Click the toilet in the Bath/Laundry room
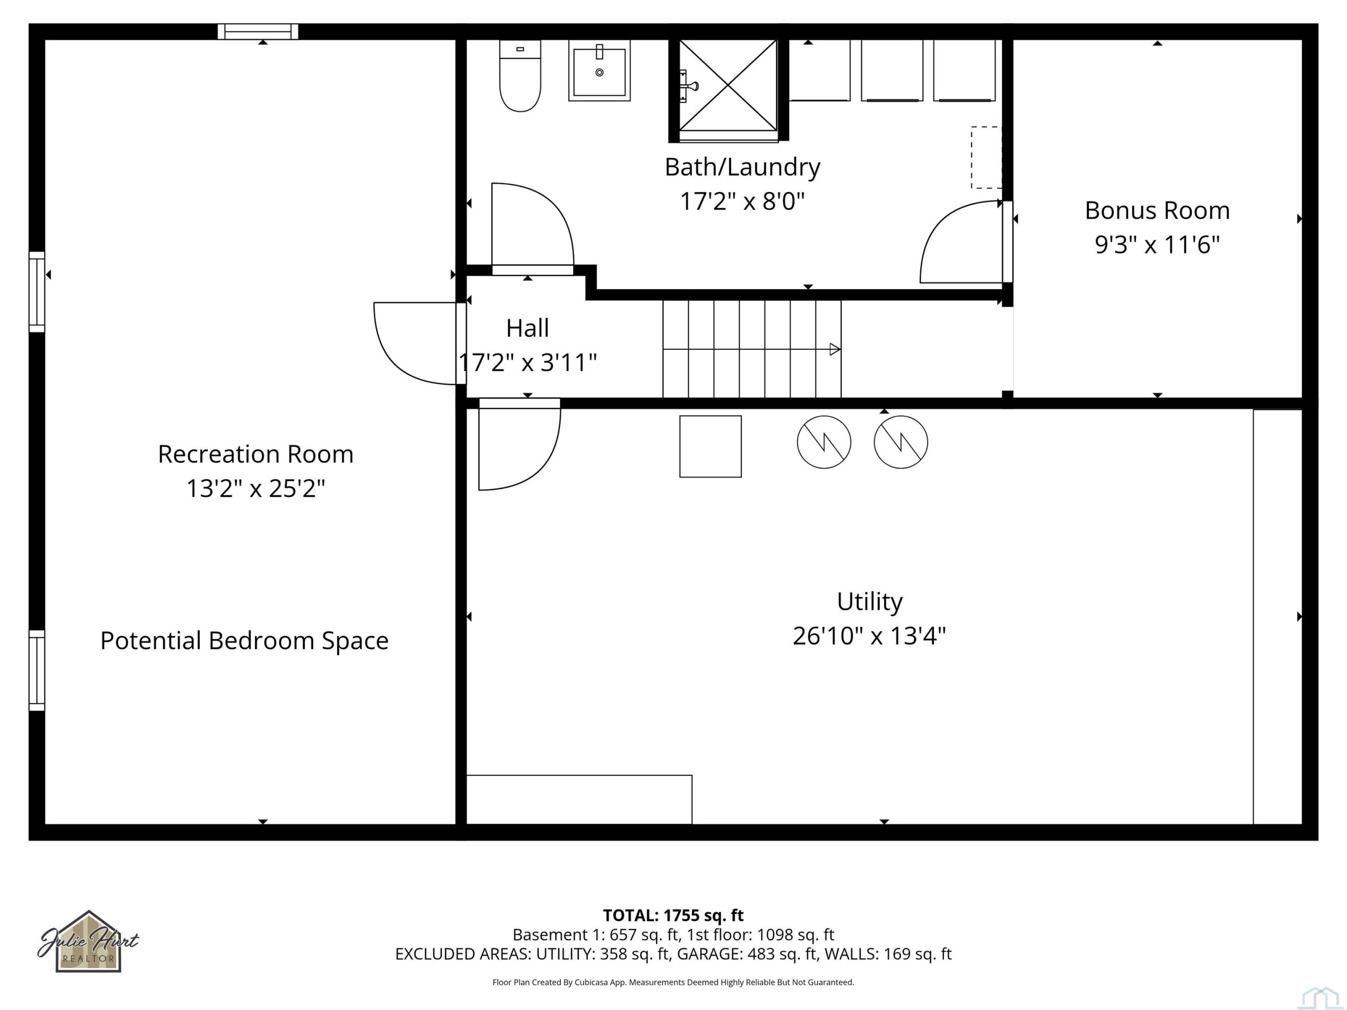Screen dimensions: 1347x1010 pyautogui.click(x=520, y=76)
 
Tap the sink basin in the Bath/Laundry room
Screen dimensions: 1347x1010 pyautogui.click(x=599, y=70)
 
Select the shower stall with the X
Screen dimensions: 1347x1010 pyautogui.click(x=728, y=85)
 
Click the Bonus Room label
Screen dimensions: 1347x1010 pyautogui.click(x=1157, y=210)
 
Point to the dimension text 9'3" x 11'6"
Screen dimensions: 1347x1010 pyautogui.click(x=1157, y=245)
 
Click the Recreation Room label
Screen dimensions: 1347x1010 pyautogui.click(x=256, y=454)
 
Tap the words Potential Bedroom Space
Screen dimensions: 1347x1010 pyautogui.click(x=244, y=641)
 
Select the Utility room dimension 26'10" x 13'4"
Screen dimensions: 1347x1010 pyautogui.click(x=869, y=636)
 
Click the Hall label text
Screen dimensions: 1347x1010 pyautogui.click(x=527, y=328)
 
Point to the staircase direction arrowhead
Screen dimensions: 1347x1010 pyautogui.click(x=836, y=349)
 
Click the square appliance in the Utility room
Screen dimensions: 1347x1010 pyautogui.click(x=711, y=446)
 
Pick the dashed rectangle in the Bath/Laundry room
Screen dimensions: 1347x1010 pyautogui.click(x=986, y=157)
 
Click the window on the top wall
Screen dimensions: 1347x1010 pyautogui.click(x=258, y=32)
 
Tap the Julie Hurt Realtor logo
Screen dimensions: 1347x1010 pyautogui.click(x=88, y=941)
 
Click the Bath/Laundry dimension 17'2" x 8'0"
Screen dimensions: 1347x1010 pyautogui.click(x=742, y=201)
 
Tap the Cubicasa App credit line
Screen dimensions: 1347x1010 pyautogui.click(x=673, y=982)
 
